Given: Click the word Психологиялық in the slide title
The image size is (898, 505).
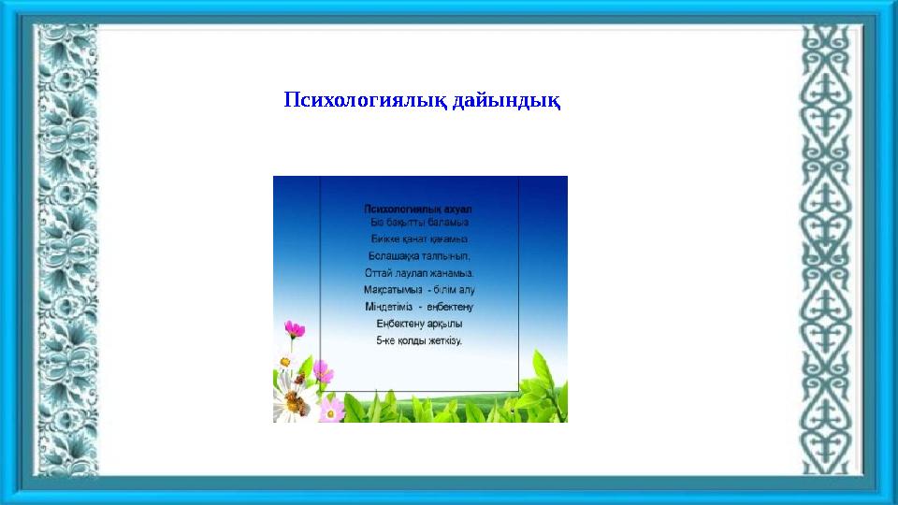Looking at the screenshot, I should point(366,99).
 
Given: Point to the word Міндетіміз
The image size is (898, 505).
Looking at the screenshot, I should point(390,307).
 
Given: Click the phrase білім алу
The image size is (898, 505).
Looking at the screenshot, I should point(458,290).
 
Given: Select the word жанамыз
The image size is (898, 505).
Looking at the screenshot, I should point(453,273).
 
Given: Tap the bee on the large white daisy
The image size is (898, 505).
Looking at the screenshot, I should point(293,402).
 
